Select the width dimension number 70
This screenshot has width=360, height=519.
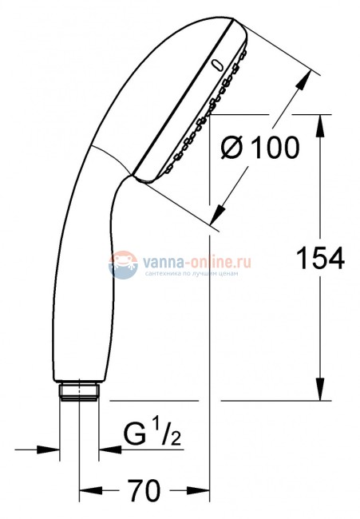[144, 487]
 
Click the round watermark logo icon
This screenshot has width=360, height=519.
[123, 264]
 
